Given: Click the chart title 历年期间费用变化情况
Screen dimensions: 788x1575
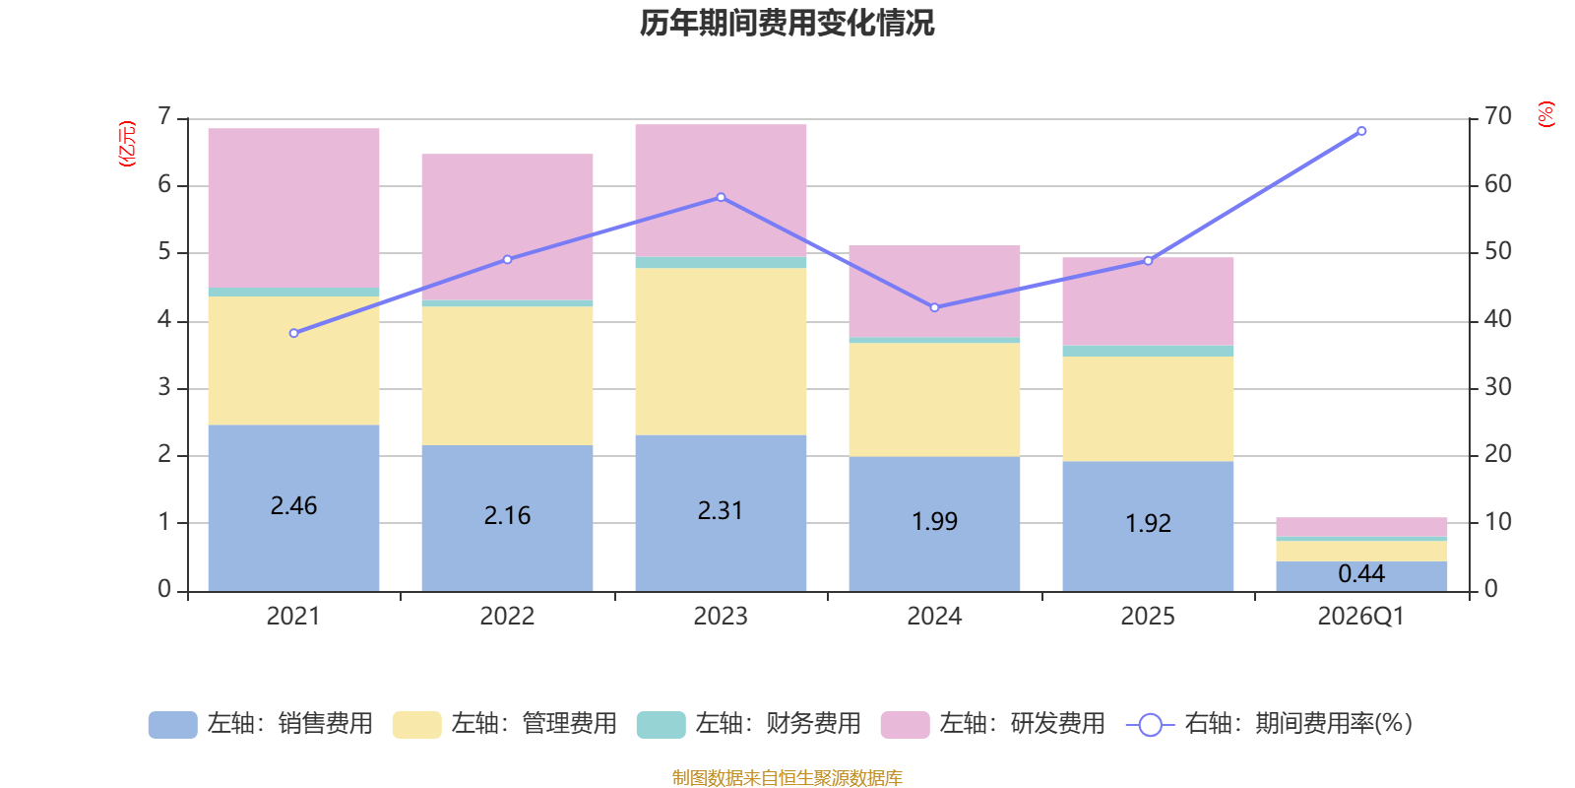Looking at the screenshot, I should click(787, 23).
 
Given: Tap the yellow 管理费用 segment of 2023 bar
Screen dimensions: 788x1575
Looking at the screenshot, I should click(721, 352).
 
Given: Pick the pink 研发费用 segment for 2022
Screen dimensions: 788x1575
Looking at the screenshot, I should click(507, 227).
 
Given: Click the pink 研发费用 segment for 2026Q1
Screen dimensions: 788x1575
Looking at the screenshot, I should click(1361, 527).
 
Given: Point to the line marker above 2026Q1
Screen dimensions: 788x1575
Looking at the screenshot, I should click(1361, 131).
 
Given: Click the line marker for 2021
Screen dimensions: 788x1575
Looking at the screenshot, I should click(293, 333).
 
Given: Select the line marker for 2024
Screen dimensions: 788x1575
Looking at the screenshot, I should click(934, 307).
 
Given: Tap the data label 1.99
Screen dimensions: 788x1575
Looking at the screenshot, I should click(934, 521).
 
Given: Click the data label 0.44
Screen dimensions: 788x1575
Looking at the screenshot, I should click(1361, 573).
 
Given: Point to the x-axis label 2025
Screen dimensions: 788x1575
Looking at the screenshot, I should click(1148, 617).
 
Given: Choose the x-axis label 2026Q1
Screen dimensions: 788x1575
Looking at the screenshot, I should click(1361, 617).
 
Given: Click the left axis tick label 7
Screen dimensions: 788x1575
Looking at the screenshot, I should click(164, 117).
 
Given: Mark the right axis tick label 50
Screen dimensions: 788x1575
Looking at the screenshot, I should click(1497, 252).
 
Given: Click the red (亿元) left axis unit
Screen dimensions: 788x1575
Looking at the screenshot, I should click(126, 144).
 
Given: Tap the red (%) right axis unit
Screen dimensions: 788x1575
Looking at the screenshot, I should click(1545, 114).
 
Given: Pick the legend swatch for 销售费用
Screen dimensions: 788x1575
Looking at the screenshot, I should click(172, 725).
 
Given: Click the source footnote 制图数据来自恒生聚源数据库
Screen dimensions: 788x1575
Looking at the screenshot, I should click(787, 778).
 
